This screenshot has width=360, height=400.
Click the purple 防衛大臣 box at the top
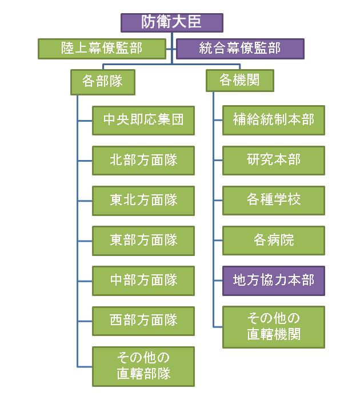point(171,22)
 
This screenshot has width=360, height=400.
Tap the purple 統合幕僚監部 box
point(240,49)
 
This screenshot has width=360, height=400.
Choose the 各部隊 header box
point(103,81)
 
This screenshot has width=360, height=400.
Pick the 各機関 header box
point(239,81)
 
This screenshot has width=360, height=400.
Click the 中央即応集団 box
point(143,120)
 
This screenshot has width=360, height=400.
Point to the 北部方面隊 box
point(143,160)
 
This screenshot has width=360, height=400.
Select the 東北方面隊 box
point(143,200)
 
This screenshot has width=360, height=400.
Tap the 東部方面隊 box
point(143,240)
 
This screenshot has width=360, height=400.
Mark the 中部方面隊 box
point(143,280)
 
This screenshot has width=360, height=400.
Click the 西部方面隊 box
point(143,320)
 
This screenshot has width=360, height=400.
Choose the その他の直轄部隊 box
point(143,366)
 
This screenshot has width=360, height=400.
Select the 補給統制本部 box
point(274,120)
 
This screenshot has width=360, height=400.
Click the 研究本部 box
point(274,160)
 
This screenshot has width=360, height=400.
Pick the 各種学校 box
point(274,200)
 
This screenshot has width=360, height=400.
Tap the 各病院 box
point(274,240)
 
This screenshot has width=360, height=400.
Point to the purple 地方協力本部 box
point(274,280)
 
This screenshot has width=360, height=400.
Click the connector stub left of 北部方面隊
point(85,160)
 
